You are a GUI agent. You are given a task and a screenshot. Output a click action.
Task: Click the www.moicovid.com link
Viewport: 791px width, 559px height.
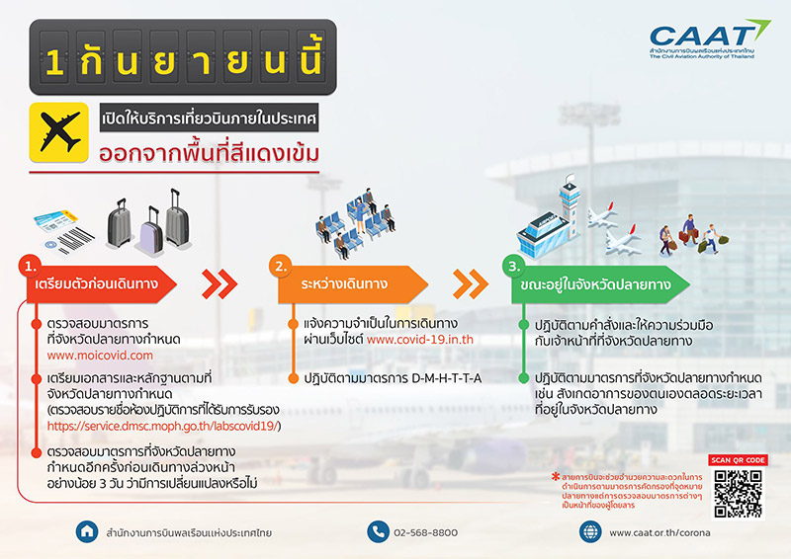tap(100, 354)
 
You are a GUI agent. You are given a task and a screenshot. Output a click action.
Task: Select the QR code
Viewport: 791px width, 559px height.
tap(737, 491)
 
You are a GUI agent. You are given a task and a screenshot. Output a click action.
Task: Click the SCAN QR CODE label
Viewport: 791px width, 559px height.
tap(737, 459)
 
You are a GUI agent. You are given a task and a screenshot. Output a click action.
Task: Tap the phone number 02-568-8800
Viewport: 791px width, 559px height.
tap(426, 532)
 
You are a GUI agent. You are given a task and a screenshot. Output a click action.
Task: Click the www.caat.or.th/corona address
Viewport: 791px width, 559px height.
tap(659, 532)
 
